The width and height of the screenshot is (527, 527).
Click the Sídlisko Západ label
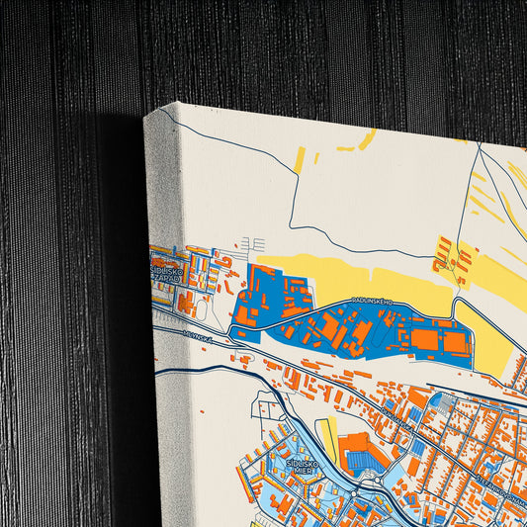(166, 273)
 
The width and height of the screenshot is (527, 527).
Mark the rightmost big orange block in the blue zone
(455, 342)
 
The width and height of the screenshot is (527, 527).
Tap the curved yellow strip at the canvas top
(367, 140)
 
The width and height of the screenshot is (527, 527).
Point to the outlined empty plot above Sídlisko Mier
(267, 405)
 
